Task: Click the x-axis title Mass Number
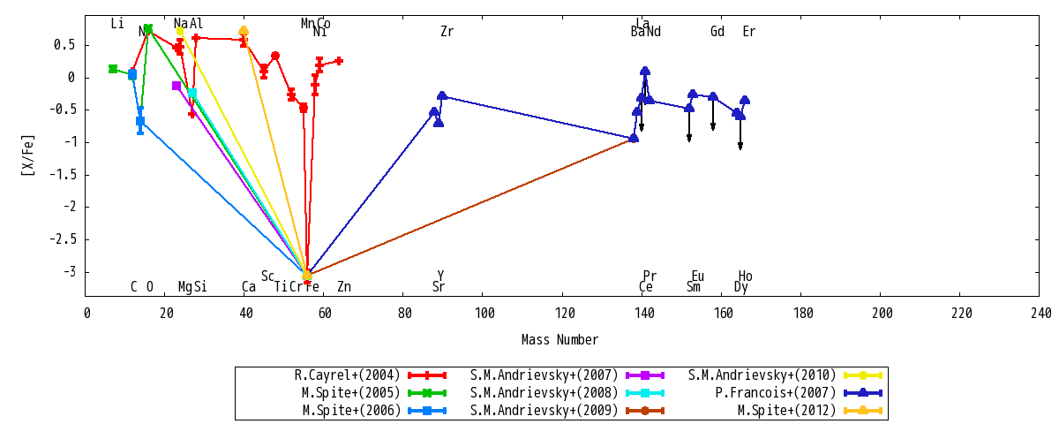coord(560,340)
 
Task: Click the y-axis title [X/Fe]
coord(27,155)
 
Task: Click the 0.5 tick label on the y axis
coord(68,45)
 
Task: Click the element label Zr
coord(447,32)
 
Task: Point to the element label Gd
coord(717,32)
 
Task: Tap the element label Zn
coord(343,286)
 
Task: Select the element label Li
coord(117,24)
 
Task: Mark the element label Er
coord(748,32)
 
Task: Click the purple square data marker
coord(176,86)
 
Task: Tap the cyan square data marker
coord(192,93)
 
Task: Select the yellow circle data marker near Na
coord(180,31)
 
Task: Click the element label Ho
coord(746,276)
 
